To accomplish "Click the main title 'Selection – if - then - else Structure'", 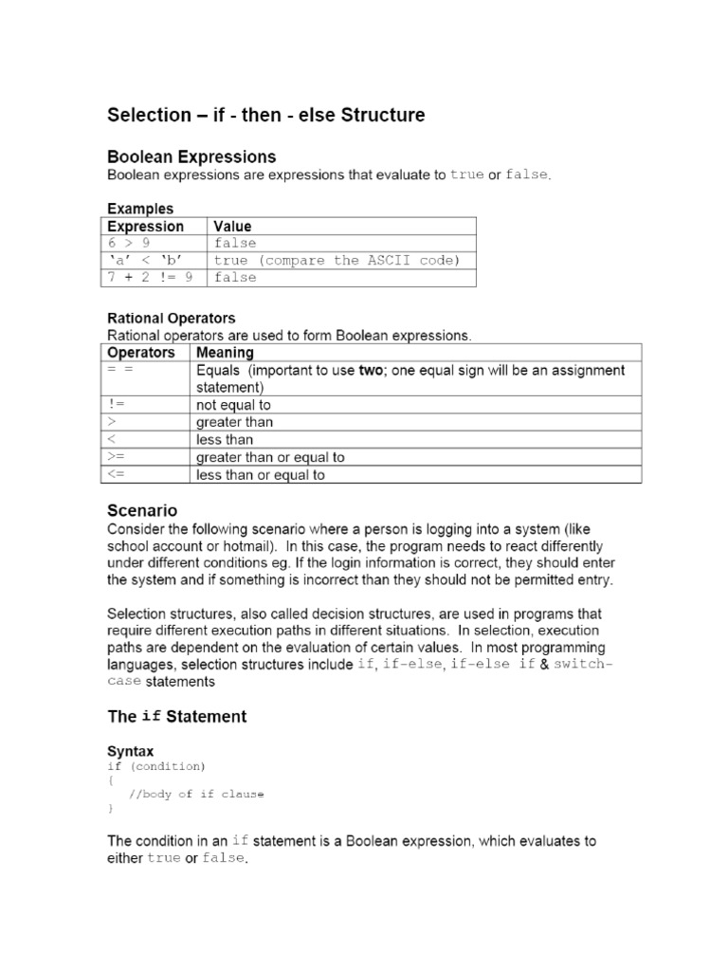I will click(265, 116).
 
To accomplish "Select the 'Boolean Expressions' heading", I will click(191, 156).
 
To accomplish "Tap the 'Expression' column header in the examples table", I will click(145, 227).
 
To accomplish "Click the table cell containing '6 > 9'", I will click(129, 244).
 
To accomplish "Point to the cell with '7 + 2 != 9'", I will click(150, 278).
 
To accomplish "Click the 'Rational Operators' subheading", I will click(171, 319).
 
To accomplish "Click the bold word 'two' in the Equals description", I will click(371, 371).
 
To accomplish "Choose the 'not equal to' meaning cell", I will click(233, 405).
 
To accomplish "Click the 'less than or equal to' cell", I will click(260, 475).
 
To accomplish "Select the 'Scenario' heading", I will click(141, 511).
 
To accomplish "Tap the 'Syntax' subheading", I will click(130, 751).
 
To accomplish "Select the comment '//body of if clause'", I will click(196, 795).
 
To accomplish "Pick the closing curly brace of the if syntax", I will click(110, 809).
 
